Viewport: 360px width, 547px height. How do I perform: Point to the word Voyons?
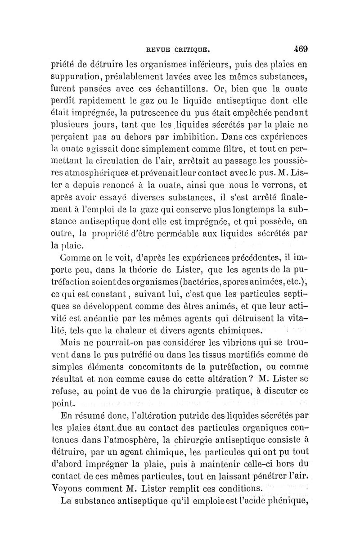click(73, 488)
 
